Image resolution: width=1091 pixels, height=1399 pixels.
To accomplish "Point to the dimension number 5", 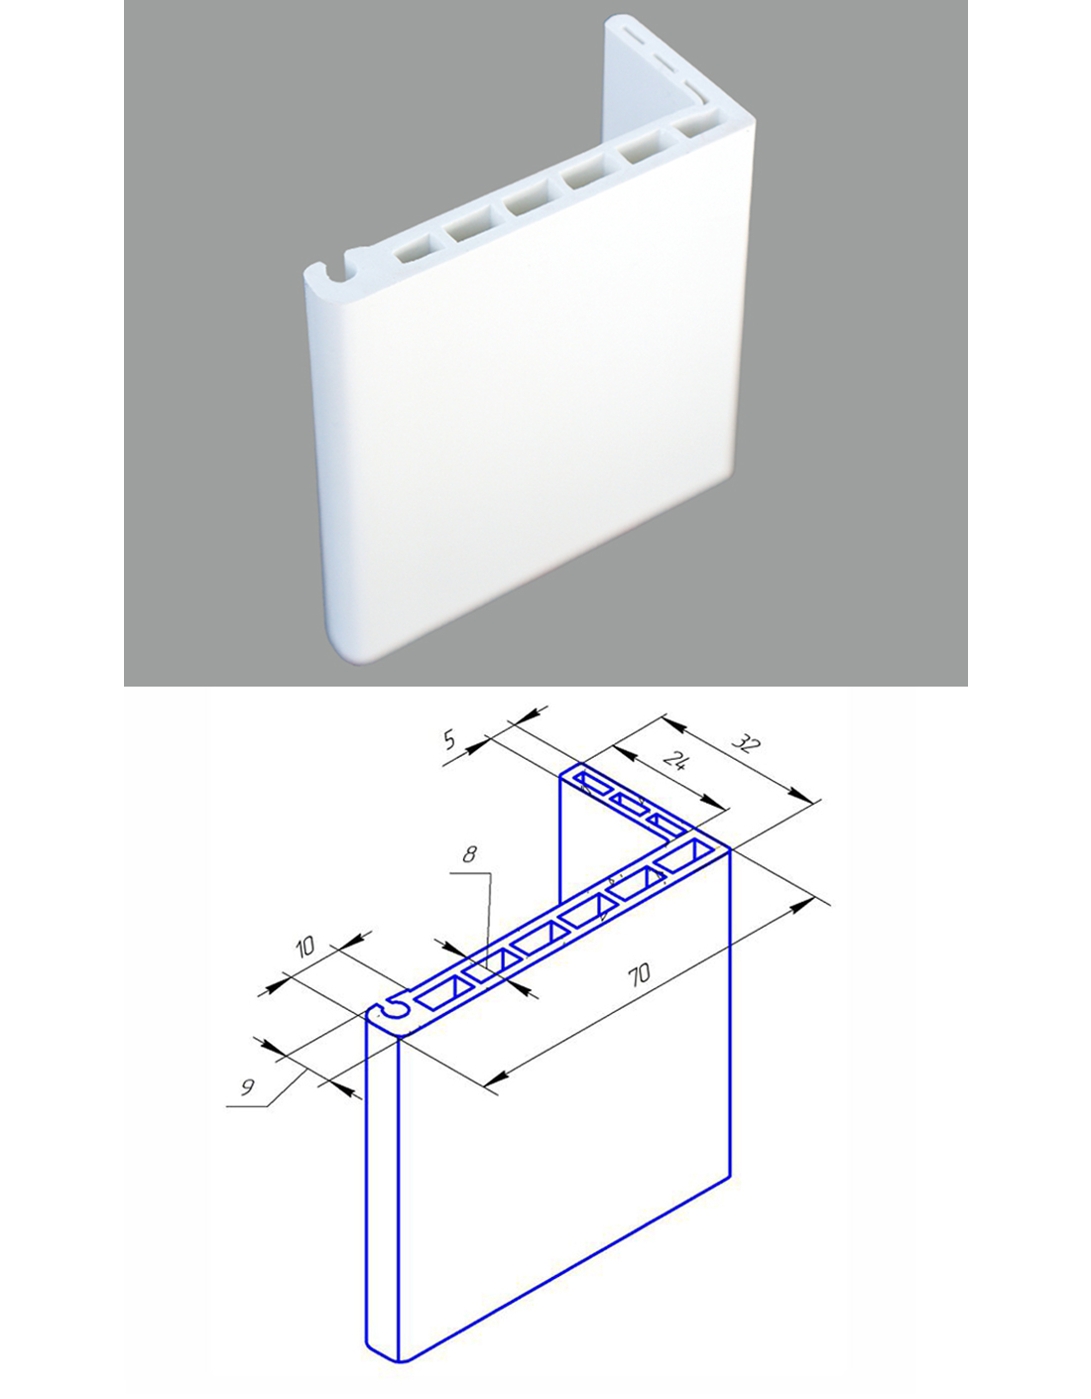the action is click(x=449, y=740).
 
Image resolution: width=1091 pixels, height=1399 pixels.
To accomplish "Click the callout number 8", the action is click(x=469, y=854).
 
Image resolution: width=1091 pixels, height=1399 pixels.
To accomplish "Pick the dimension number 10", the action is click(x=304, y=947).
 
